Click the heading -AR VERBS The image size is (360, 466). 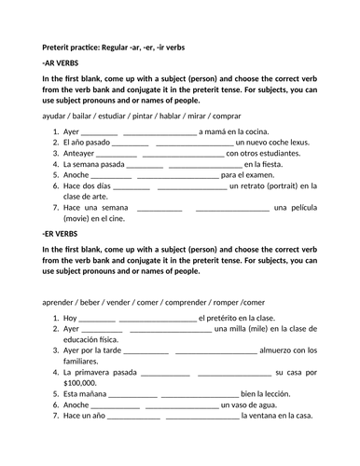click(x=61, y=62)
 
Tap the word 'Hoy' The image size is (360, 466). click(x=64, y=318)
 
